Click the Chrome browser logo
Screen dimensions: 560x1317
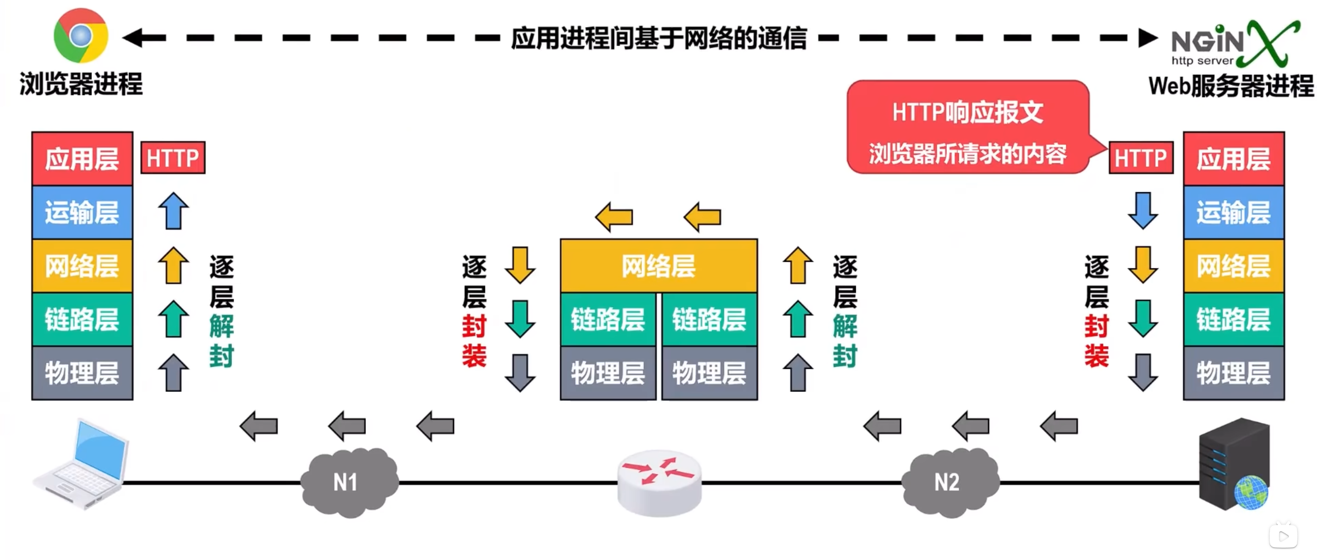click(x=81, y=35)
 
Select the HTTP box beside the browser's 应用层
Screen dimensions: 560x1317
click(x=173, y=158)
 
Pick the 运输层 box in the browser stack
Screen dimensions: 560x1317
click(x=82, y=213)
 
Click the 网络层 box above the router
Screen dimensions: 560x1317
click(x=658, y=266)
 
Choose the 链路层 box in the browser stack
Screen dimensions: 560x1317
click(x=82, y=319)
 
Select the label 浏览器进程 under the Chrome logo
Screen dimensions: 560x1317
click(x=81, y=84)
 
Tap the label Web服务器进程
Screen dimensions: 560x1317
click(x=1230, y=86)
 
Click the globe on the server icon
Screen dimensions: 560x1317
click(x=1251, y=492)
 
